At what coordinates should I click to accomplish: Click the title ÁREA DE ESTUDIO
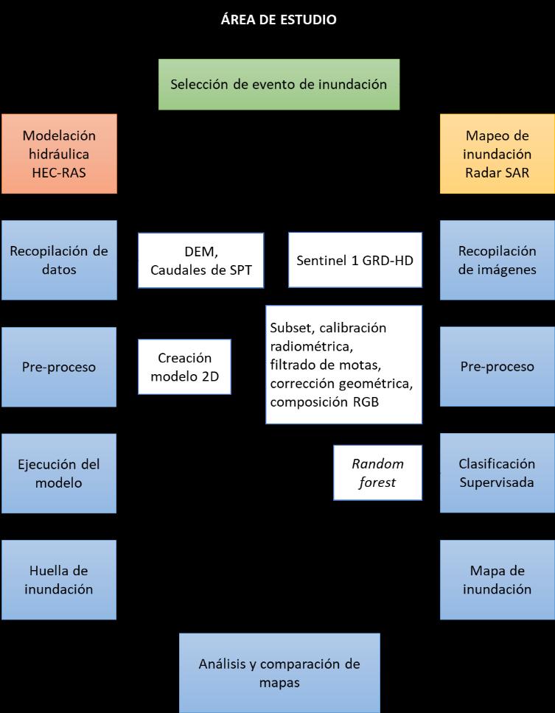point(279,20)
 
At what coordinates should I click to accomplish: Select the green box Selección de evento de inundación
point(279,85)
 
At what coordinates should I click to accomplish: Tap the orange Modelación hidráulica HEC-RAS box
point(59,154)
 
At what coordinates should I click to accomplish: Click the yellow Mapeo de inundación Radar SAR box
point(498,154)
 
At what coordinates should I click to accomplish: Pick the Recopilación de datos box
point(59,260)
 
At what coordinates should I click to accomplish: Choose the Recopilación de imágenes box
point(498,260)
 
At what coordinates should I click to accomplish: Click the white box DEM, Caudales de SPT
point(200,260)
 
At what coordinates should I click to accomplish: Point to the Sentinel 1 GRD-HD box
point(355,260)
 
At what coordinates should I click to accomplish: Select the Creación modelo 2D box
point(184,367)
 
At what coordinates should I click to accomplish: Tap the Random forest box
point(377,473)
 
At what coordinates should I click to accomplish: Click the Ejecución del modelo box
point(59,473)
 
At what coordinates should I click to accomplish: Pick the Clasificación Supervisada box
point(498,473)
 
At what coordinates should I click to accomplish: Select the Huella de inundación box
point(59,580)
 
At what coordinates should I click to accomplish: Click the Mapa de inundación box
point(498,580)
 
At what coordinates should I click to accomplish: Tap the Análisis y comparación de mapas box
point(279,672)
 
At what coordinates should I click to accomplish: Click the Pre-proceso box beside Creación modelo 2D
point(59,367)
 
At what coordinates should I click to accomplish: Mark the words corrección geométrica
point(341,384)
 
